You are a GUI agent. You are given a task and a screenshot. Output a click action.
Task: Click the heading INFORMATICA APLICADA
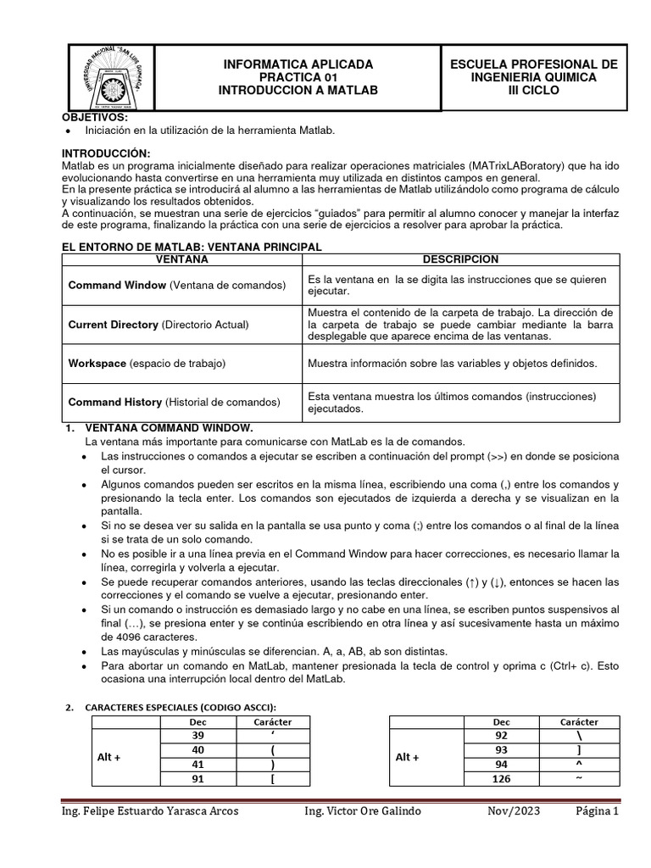click(x=297, y=64)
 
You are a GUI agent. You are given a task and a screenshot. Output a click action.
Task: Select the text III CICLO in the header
click(x=533, y=91)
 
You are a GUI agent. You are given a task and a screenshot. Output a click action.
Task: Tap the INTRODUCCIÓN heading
click(x=106, y=152)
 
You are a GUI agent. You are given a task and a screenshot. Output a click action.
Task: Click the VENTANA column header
click(x=179, y=259)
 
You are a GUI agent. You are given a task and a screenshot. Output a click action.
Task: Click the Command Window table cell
click(x=177, y=285)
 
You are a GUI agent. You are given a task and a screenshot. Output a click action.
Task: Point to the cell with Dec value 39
click(x=198, y=736)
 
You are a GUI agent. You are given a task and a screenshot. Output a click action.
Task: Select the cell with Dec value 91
click(x=198, y=779)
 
